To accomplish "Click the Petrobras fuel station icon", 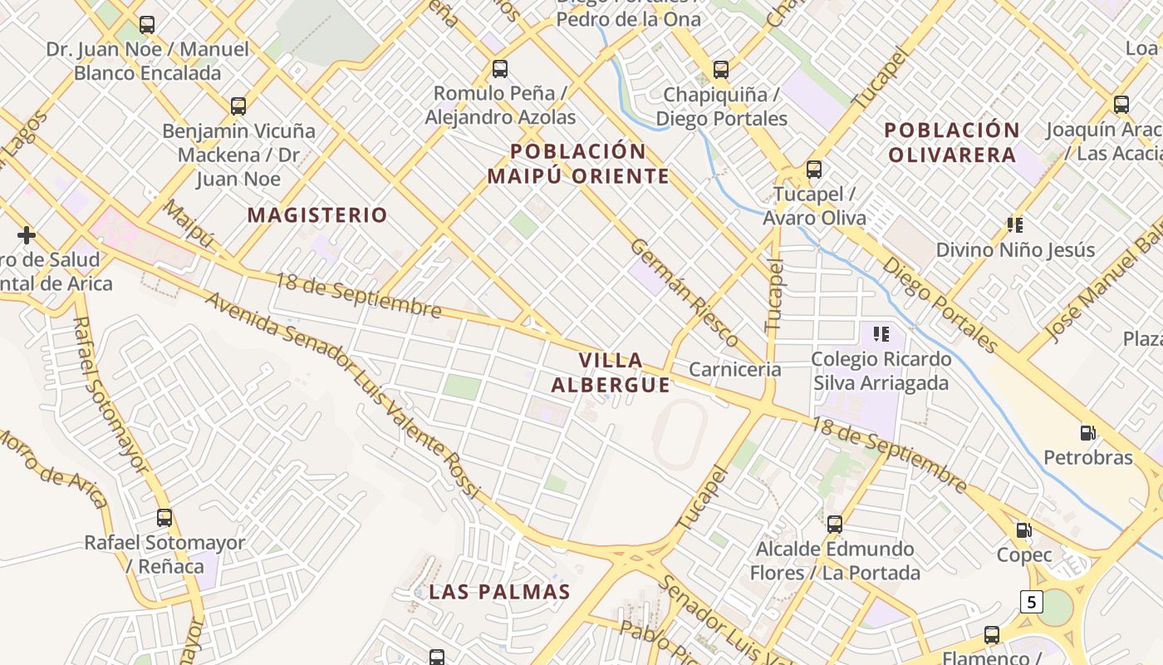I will point(1087,433).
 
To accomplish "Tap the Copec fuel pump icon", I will point(1024,530).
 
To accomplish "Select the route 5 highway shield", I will point(1031,601).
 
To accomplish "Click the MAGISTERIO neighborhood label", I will point(317,215).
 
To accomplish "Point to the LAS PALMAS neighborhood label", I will point(499,592).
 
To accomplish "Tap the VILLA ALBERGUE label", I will point(611,372).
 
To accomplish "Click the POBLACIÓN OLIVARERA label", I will point(952,142).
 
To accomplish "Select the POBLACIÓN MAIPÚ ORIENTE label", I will point(578,163).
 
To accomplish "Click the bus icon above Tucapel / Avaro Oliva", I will point(814,170).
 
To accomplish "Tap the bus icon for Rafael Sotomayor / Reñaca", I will point(164,518).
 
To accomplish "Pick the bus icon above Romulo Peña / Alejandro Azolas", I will point(500,68).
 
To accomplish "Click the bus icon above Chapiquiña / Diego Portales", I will point(721,69).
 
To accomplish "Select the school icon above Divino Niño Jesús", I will point(1014,224).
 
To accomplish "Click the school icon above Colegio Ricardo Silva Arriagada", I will point(881,334).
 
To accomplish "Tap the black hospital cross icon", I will point(27,235).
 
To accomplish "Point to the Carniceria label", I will point(735,369).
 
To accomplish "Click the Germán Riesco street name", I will point(685,293).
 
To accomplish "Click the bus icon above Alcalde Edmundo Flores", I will point(835,525).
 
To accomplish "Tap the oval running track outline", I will point(680,433).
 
